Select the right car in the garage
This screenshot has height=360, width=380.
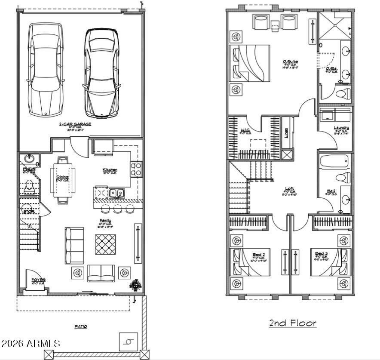coord(102,73)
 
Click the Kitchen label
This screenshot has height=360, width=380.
coord(110,170)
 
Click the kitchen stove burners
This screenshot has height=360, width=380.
coord(136,168)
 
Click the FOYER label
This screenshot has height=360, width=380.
coord(38,280)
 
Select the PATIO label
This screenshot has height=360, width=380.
coord(81,326)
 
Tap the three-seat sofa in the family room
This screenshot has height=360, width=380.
coord(74,245)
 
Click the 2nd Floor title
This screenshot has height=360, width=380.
coord(292,323)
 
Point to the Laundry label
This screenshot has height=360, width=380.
coord(341,128)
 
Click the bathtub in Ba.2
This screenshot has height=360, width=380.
coord(335,162)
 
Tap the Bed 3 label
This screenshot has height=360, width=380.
coord(321,254)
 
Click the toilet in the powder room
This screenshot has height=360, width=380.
coord(29,185)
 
